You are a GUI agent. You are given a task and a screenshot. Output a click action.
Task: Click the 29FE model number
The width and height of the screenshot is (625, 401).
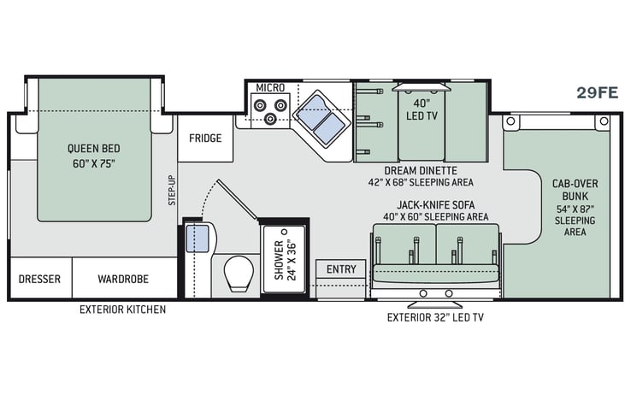(x=597, y=92)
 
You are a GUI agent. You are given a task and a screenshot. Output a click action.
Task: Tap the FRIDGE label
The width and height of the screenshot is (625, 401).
(x=205, y=139)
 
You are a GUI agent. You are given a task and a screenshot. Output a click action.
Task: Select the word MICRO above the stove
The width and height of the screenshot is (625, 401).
(x=270, y=88)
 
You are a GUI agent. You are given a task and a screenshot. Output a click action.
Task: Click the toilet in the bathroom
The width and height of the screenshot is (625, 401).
(x=239, y=273)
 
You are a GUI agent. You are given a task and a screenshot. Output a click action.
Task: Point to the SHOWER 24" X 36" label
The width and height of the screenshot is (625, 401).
(x=285, y=260)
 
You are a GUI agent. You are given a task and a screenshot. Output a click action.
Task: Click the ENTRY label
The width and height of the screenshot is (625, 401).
(x=341, y=269)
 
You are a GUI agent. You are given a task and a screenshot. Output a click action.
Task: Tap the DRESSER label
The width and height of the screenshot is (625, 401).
(x=39, y=279)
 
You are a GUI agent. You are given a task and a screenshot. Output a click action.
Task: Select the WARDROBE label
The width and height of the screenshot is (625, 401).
(x=123, y=279)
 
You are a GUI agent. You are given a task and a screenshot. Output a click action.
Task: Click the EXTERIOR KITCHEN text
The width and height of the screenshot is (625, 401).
(x=122, y=310)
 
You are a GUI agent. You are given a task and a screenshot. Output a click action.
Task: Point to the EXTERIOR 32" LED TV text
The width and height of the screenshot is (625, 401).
(x=435, y=317)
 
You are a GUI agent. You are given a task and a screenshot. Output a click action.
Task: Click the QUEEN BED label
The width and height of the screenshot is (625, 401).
(x=94, y=149)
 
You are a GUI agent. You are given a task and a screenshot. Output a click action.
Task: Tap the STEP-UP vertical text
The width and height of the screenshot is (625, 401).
(x=172, y=190)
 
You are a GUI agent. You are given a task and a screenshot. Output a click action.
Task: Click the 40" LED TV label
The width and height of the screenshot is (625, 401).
(x=422, y=109)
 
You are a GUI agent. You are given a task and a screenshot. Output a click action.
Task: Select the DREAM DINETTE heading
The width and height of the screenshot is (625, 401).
(x=421, y=171)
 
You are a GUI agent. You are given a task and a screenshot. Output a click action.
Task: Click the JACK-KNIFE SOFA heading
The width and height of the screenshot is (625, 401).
(x=436, y=205)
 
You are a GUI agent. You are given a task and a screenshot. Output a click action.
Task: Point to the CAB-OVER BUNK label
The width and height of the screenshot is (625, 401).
(x=575, y=190)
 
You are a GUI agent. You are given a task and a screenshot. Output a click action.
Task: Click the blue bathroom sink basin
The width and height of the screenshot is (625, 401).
(x=198, y=239)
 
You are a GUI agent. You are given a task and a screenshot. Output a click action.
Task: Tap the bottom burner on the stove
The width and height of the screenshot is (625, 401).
(x=270, y=118)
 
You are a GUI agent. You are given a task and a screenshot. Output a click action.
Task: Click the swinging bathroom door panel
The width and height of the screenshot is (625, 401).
(x=238, y=199)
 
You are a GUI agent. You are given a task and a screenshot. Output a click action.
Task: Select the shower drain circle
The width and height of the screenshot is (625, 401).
(x=284, y=231)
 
